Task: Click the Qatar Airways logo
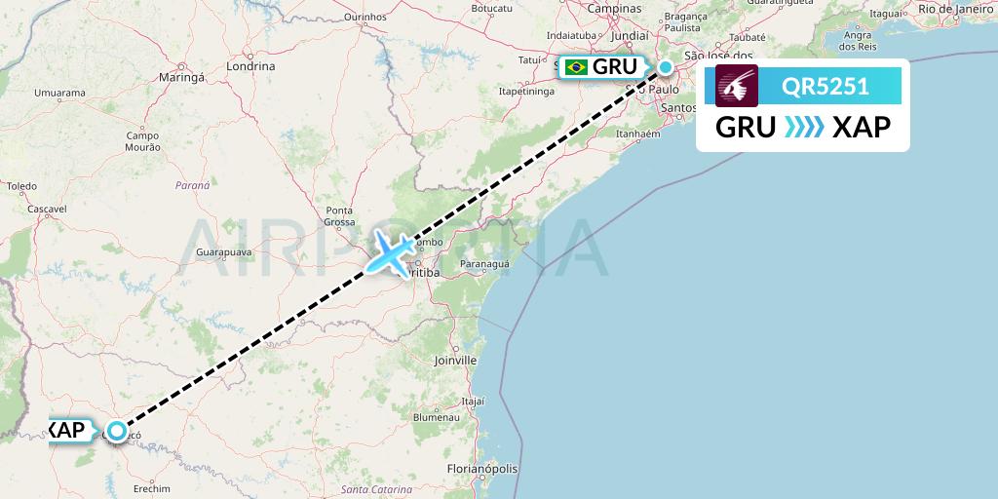737,87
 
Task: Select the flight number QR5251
825,87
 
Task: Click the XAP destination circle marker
117,430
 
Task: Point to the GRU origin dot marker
665,67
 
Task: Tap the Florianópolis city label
482,469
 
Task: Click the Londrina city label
249,66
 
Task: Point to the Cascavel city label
46,209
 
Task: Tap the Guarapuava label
224,251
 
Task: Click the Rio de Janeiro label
956,9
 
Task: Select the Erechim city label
152,488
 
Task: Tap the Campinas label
614,8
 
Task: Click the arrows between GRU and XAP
804,127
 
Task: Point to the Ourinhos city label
365,17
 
